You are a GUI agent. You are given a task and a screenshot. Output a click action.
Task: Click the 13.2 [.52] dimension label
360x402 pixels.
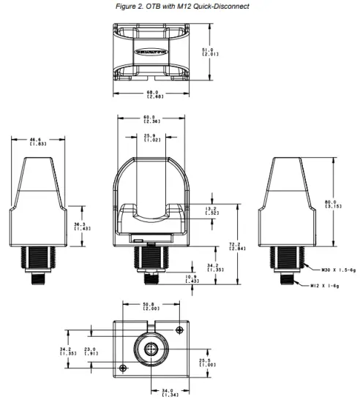(x=211, y=212)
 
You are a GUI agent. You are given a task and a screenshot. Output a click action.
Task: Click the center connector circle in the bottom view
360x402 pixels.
(x=151, y=349)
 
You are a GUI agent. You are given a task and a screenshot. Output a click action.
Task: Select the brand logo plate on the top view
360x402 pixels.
(x=151, y=53)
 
